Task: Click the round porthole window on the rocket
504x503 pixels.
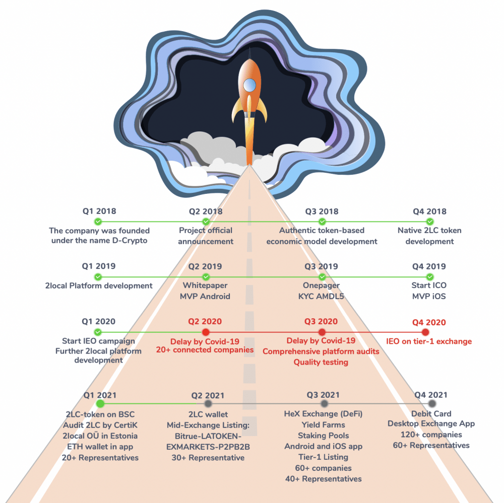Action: [249, 85]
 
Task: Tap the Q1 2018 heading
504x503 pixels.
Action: [99, 211]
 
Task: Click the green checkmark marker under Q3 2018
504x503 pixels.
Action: [322, 222]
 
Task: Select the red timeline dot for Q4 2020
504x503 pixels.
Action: [425, 332]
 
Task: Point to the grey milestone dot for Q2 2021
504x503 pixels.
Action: [208, 404]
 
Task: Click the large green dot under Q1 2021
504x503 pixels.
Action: [100, 403]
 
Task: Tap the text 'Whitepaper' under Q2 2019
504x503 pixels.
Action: [205, 285]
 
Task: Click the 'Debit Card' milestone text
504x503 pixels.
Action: [431, 413]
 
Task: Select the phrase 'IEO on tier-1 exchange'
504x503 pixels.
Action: [428, 341]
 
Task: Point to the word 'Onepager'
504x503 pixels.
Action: [321, 285]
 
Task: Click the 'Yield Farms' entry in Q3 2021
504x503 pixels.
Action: [323, 424]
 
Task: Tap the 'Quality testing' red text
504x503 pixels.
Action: [321, 362]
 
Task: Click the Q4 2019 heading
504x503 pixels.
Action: [429, 266]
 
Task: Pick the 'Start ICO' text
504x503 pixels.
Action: [429, 285]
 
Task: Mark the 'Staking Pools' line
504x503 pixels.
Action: [323, 436]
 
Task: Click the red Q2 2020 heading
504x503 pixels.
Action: [205, 322]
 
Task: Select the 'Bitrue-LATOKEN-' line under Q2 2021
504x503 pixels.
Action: [208, 436]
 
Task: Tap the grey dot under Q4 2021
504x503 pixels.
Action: [432, 404]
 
